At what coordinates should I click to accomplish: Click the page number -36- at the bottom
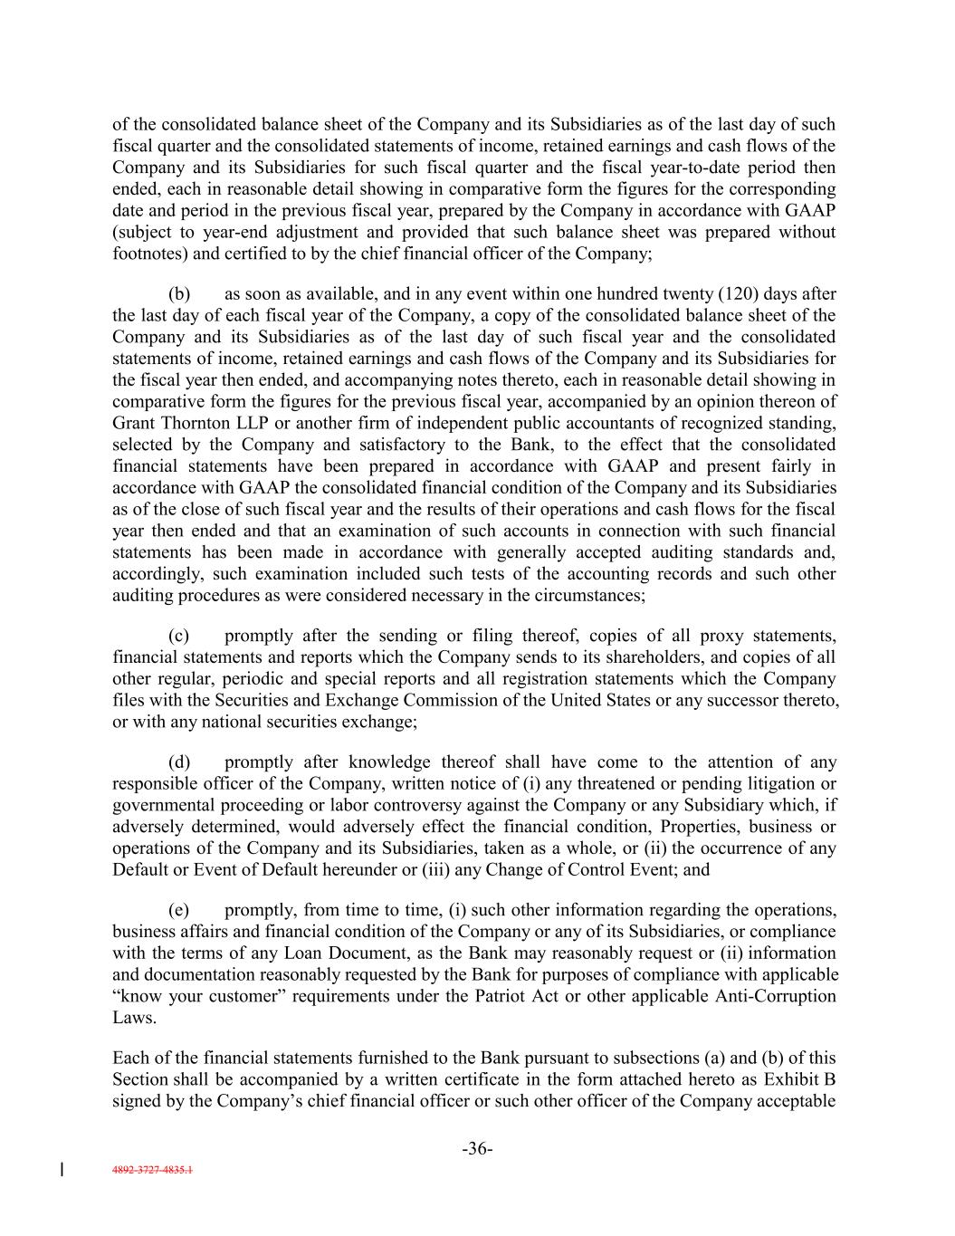pyautogui.click(x=477, y=1149)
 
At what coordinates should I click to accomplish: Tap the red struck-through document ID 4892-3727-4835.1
pyautogui.click(x=149, y=1170)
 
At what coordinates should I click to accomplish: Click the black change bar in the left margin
pyautogui.click(x=61, y=1169)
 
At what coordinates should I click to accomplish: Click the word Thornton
pyautogui.click(x=184, y=423)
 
